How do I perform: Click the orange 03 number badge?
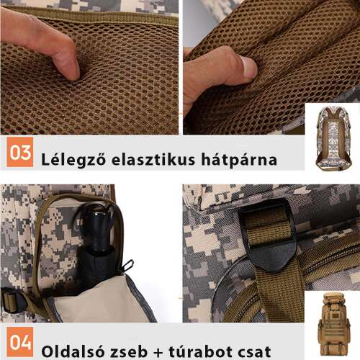[21, 153]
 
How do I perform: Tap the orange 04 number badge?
[21, 343]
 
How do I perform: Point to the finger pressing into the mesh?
[43, 43]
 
